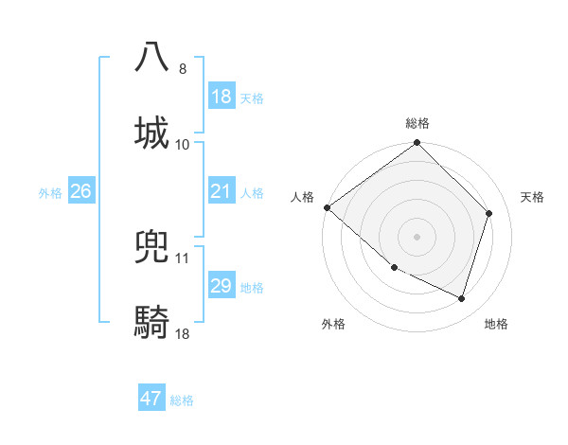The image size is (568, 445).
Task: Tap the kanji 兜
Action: tap(151, 246)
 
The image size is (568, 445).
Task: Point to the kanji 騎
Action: tap(151, 323)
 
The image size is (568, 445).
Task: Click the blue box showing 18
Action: tap(222, 96)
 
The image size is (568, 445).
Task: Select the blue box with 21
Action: tap(222, 191)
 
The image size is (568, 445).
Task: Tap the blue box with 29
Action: tap(222, 286)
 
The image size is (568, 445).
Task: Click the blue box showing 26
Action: tap(80, 191)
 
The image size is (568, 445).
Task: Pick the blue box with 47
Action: tap(151, 399)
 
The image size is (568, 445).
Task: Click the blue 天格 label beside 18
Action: tap(252, 98)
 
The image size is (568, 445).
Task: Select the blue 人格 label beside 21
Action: tap(252, 193)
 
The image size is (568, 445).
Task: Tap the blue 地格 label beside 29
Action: tap(252, 288)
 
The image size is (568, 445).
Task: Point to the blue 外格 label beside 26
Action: tap(50, 193)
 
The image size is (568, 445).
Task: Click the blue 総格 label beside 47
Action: tap(182, 400)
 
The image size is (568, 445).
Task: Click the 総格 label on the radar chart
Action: tap(417, 123)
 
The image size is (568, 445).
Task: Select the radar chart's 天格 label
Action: tap(533, 197)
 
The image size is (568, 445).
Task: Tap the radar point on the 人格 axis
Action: tap(327, 207)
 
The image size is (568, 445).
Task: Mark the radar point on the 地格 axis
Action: tap(462, 299)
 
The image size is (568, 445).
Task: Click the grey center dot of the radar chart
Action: tap(417, 237)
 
